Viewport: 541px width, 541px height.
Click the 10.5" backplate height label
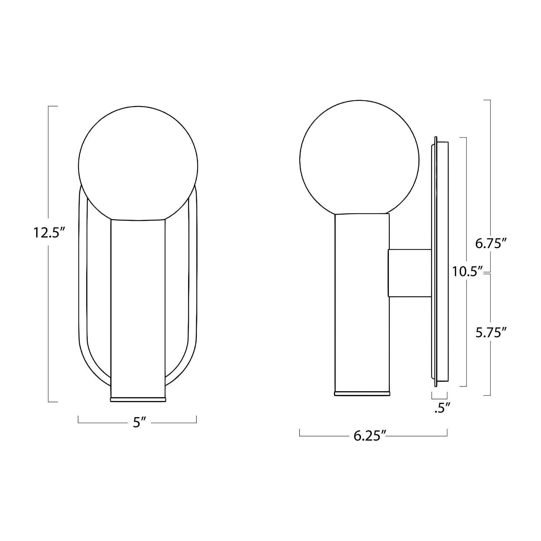pos(467,272)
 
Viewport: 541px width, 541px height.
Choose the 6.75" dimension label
pos(490,244)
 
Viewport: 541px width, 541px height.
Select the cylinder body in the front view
pos(138,304)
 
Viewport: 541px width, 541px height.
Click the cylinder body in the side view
pos(362,304)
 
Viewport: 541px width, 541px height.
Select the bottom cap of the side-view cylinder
pos(362,394)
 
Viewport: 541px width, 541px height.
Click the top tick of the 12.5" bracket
pos(53,106)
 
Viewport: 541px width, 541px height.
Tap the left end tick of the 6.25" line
pos(300,432)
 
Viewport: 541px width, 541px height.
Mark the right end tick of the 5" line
pos(196,419)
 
